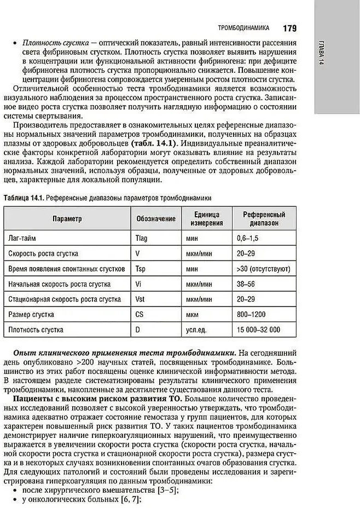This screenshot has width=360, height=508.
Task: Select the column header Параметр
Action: [x=67, y=219]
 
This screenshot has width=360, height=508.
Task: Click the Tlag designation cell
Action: [x=141, y=239]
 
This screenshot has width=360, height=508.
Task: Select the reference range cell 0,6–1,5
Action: [x=248, y=239]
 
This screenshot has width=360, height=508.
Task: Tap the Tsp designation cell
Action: [x=140, y=269]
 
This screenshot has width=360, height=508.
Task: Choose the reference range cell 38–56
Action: [x=246, y=284]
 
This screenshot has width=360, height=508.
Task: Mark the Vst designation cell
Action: [x=140, y=299]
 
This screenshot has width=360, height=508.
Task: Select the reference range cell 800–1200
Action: [x=251, y=315]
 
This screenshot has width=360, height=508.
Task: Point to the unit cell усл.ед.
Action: [x=197, y=330]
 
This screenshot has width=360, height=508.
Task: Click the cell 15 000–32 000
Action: [x=258, y=330]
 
